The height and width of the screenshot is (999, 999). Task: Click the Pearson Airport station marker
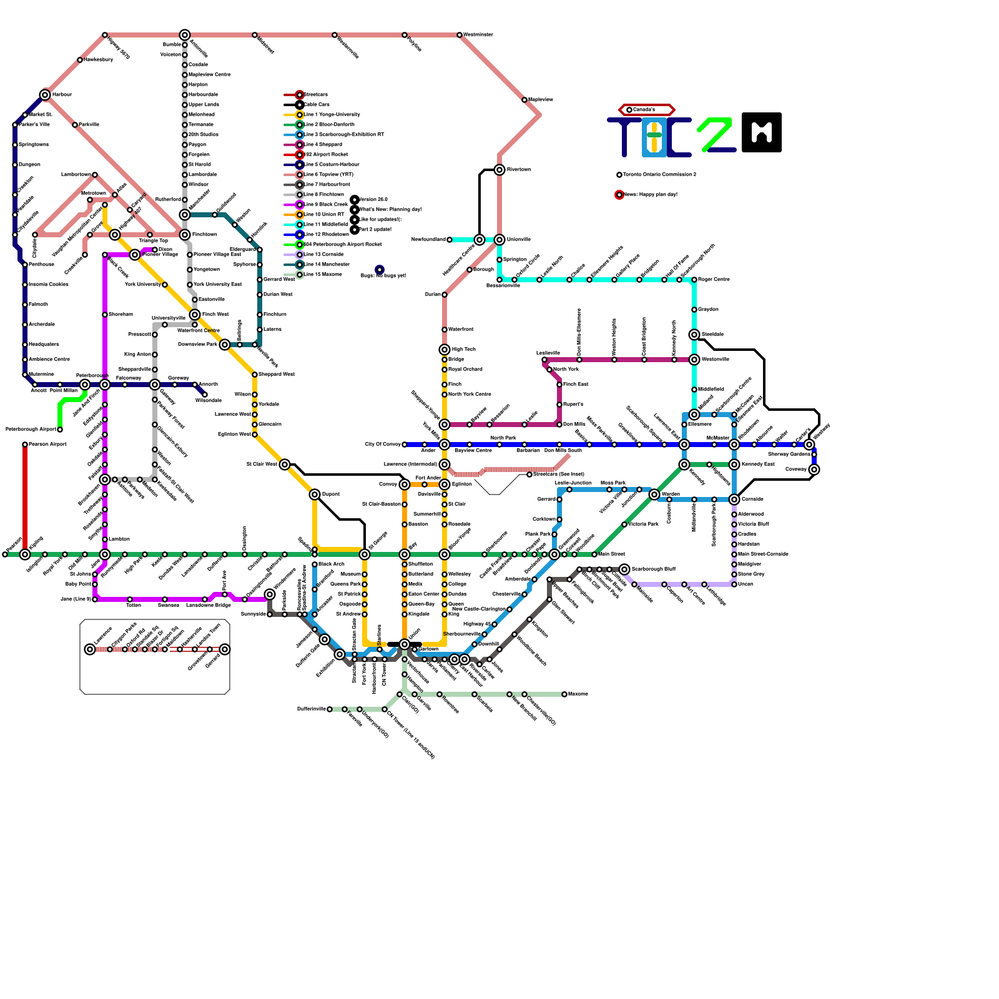pyautogui.click(x=25, y=445)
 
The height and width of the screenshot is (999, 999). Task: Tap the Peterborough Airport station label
pyautogui.click(x=30, y=430)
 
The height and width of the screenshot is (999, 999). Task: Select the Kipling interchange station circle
pyautogui.click(x=25, y=554)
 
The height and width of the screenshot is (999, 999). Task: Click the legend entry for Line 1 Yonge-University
pyautogui.click(x=332, y=115)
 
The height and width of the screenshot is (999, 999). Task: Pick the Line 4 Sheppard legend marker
pyautogui.click(x=300, y=145)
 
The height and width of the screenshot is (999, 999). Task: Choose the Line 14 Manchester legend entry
pyautogui.click(x=327, y=265)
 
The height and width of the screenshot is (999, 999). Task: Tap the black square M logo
pyautogui.click(x=762, y=132)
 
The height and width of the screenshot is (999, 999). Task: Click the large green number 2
pyautogui.click(x=716, y=134)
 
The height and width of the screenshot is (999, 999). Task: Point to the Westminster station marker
pyautogui.click(x=460, y=35)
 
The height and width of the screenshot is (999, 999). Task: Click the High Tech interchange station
pyautogui.click(x=445, y=350)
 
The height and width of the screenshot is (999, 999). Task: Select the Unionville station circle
pyautogui.click(x=499, y=240)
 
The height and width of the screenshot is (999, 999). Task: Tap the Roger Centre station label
pyautogui.click(x=714, y=280)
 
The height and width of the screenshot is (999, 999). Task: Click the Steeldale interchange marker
pyautogui.click(x=694, y=335)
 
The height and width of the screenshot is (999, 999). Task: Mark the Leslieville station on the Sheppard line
pyautogui.click(x=544, y=360)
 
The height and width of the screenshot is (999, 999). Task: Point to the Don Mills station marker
pyautogui.click(x=559, y=425)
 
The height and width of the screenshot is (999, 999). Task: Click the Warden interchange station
pyautogui.click(x=654, y=495)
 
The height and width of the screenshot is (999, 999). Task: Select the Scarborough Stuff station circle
pyautogui.click(x=624, y=569)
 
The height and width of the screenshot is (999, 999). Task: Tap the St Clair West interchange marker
pyautogui.click(x=285, y=465)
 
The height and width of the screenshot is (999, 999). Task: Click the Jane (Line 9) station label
pyautogui.click(x=76, y=599)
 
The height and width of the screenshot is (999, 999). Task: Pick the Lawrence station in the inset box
pyautogui.click(x=90, y=649)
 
